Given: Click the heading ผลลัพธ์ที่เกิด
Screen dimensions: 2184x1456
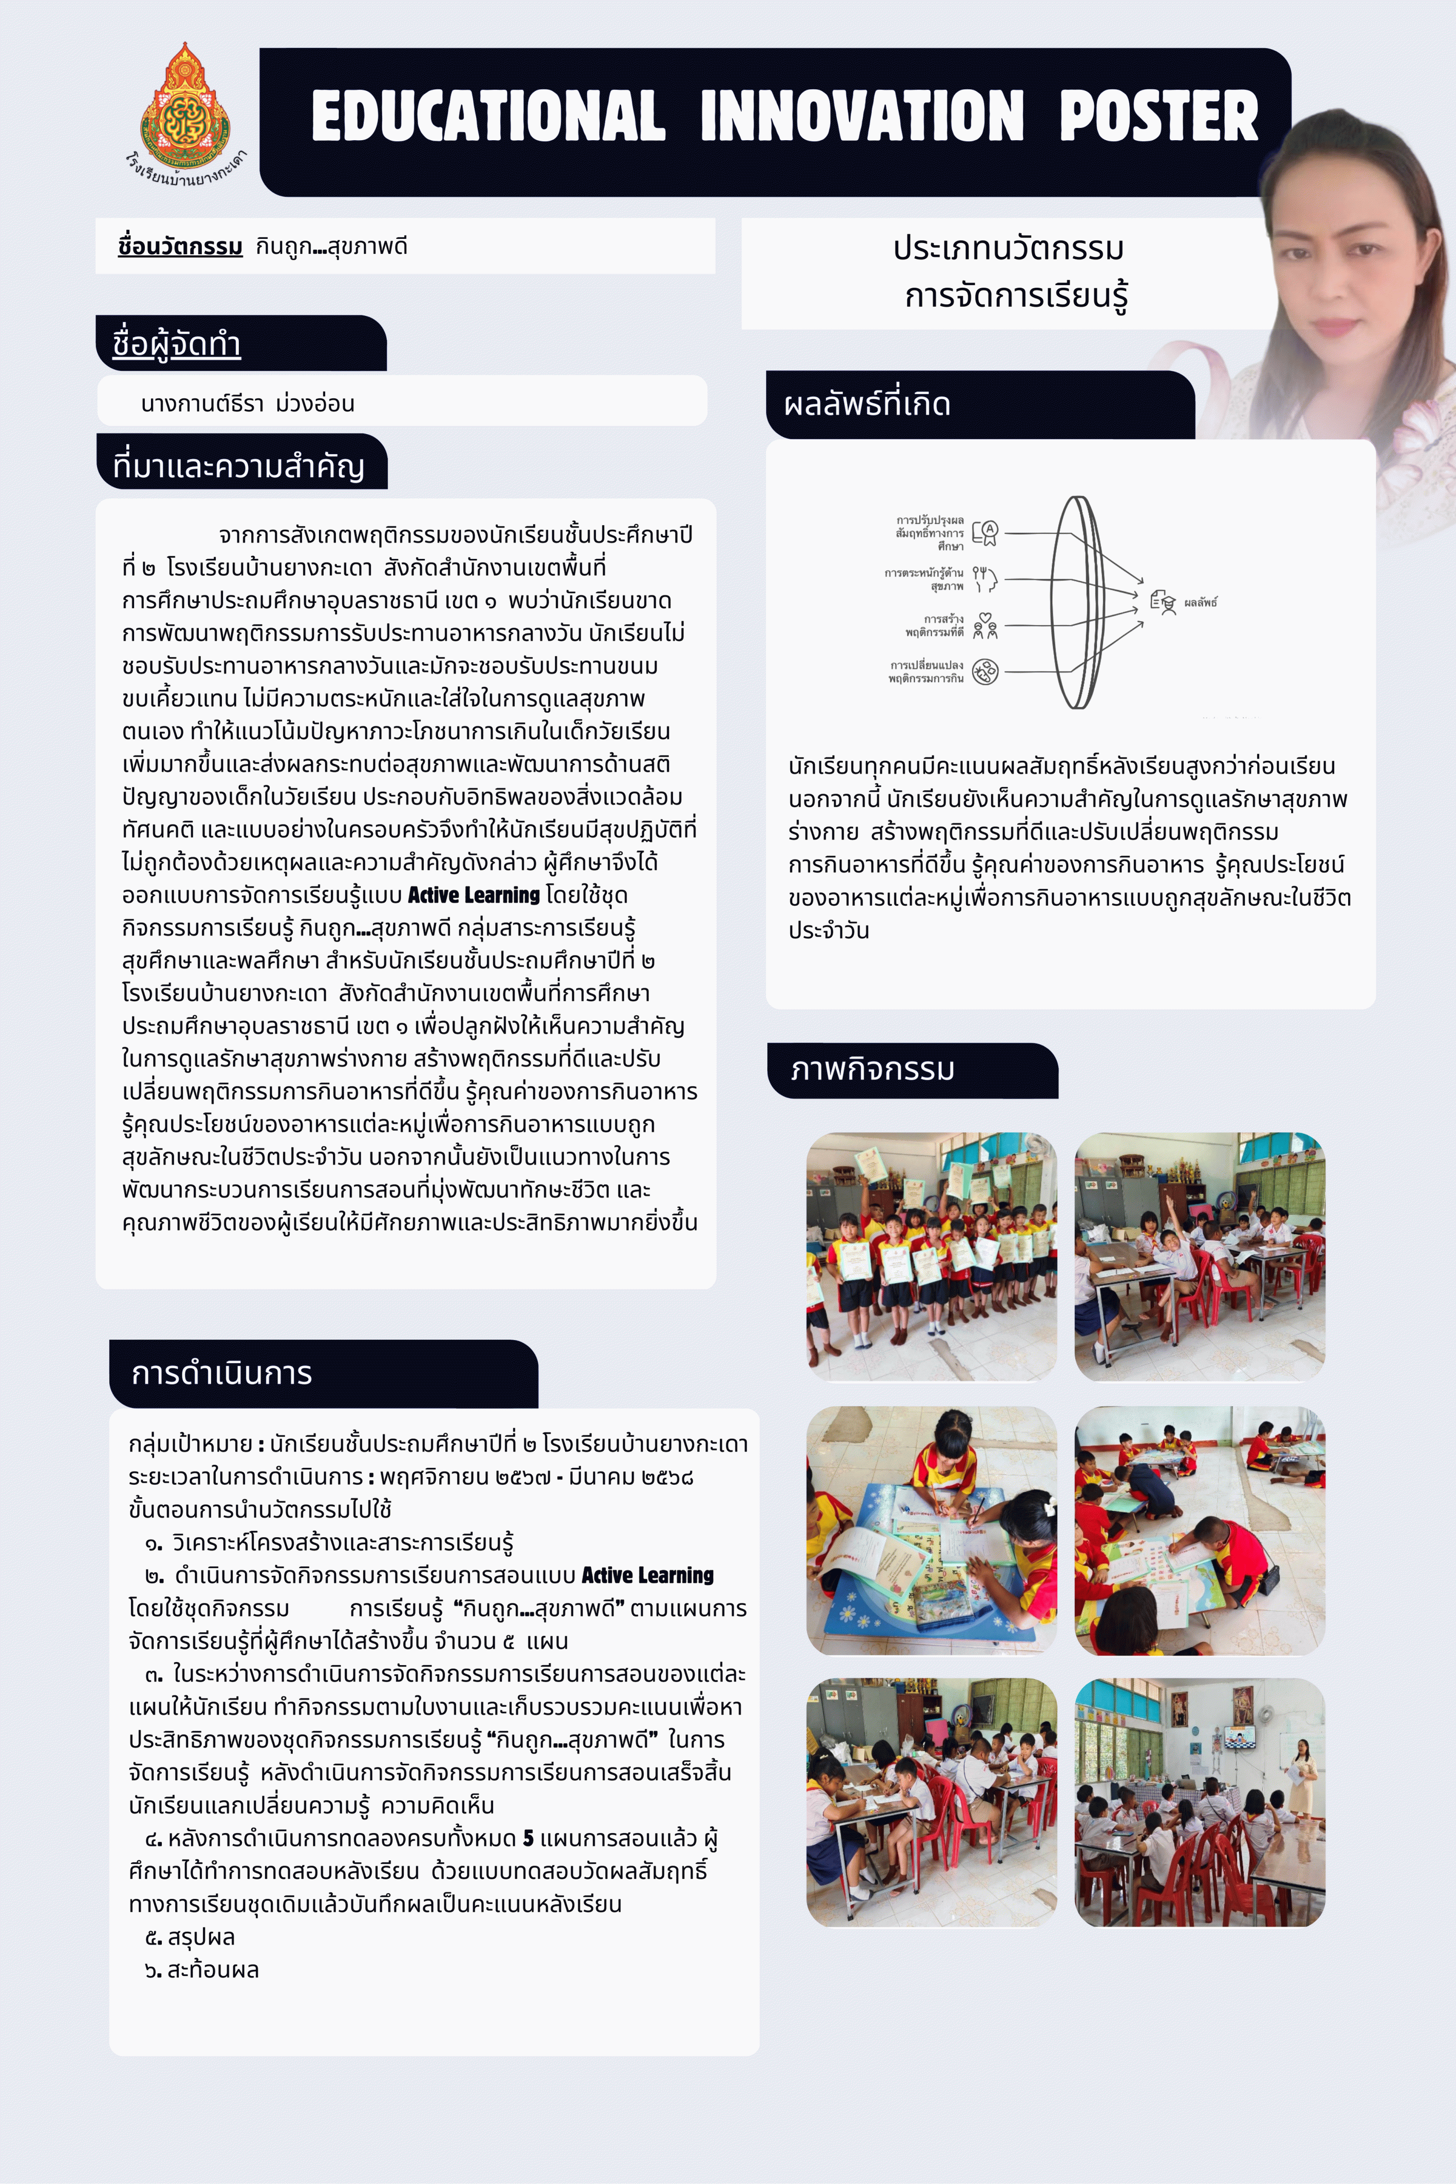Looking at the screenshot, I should (867, 404).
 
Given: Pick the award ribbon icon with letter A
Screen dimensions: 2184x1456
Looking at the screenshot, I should (985, 532).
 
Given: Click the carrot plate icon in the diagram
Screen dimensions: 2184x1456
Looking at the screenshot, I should (985, 670).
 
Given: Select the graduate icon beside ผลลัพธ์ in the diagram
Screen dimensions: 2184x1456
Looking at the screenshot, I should (1164, 602).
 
